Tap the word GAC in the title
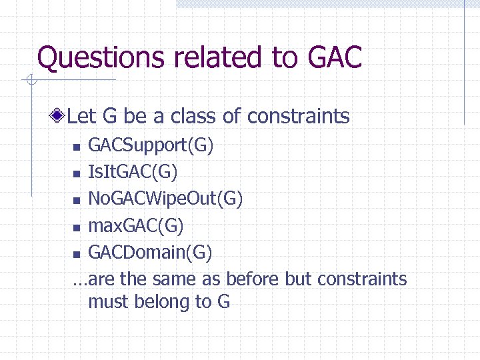[x=335, y=57]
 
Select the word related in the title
[x=220, y=57]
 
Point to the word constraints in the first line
[x=298, y=117]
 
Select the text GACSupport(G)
[x=151, y=145]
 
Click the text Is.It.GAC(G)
[x=133, y=173]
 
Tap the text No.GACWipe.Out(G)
[x=165, y=199]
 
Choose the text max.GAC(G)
[x=136, y=226]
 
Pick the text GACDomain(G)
[x=150, y=253]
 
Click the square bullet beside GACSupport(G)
[x=77, y=147]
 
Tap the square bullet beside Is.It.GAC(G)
[x=77, y=174]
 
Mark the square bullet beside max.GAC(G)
[x=77, y=227]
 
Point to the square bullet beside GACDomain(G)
[x=77, y=254]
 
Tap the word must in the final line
[x=109, y=302]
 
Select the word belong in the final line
[x=162, y=302]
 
